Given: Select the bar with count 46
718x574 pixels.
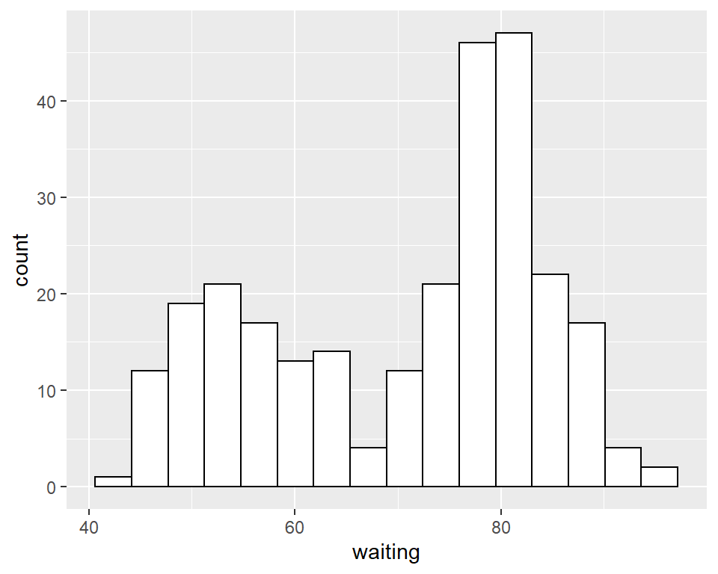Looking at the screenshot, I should pos(477,265).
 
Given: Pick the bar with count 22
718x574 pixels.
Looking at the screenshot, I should pos(550,380).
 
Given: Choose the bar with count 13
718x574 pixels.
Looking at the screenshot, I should pos(295,424).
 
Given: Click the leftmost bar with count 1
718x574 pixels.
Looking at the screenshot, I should pos(114,482).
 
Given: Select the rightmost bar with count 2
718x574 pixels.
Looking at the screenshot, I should pos(659,477).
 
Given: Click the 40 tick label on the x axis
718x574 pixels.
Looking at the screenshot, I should pos(89,525).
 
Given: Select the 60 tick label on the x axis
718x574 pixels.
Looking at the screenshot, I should pos(295,525).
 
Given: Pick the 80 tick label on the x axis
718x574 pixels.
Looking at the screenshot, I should pos(501,525).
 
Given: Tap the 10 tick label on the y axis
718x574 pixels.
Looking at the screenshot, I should pos(47,391).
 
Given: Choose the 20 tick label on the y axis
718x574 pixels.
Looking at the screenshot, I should pos(47,294).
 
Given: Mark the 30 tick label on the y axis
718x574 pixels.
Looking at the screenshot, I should pos(47,198).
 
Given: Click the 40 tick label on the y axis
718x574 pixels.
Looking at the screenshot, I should pos(47,102).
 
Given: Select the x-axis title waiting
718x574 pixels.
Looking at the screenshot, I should pos(386,554).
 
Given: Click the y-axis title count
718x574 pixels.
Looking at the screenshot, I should pos(21,259).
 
